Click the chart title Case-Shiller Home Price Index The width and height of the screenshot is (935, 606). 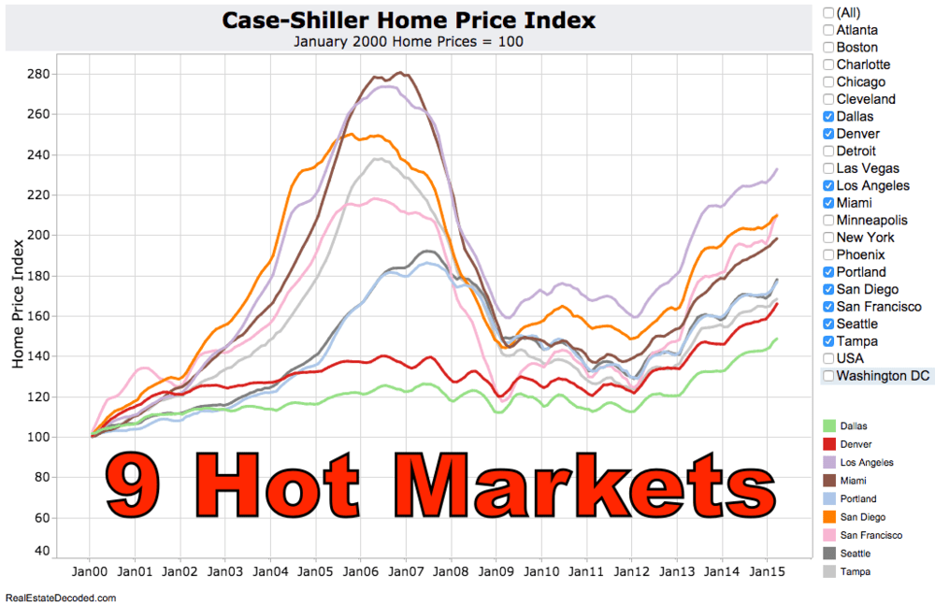[409, 21]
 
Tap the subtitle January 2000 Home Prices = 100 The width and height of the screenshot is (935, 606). [409, 41]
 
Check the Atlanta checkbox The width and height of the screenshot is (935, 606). [828, 30]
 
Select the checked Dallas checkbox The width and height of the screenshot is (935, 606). [828, 117]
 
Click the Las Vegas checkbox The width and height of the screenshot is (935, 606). [828, 168]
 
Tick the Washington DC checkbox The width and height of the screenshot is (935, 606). [828, 376]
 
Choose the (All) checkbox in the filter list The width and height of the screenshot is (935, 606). [828, 12]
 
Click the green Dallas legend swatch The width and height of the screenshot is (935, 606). [828, 426]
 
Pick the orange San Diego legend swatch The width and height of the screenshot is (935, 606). [828, 517]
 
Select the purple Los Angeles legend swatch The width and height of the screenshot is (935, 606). [828, 462]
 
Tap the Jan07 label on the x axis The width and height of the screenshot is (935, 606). [406, 570]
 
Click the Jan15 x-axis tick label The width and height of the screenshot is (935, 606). [768, 570]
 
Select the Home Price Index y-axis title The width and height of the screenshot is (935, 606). [18, 301]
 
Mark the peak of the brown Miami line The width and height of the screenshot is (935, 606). [401, 72]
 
